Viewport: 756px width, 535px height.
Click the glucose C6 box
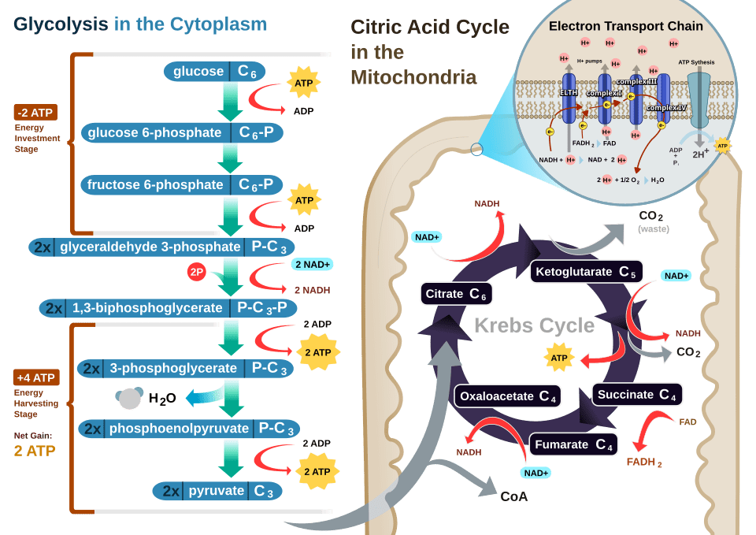pyautogui.click(x=214, y=72)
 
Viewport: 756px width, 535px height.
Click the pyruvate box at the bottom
pyautogui.click(x=217, y=491)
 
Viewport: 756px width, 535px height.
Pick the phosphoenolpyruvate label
pyautogui.click(x=179, y=429)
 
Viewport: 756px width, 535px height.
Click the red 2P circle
pyautogui.click(x=197, y=272)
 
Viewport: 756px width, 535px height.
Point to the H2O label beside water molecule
pyautogui.click(x=162, y=399)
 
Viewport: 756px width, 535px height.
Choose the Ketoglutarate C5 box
pyautogui.click(x=586, y=273)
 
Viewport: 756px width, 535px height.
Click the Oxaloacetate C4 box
pyautogui.click(x=508, y=396)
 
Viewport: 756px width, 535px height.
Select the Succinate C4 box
pyautogui.click(x=636, y=395)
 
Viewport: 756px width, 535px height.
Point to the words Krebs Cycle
pyautogui.click(x=534, y=325)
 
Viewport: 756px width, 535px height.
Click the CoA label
pyautogui.click(x=513, y=496)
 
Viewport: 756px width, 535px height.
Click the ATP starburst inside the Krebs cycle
pyautogui.click(x=559, y=359)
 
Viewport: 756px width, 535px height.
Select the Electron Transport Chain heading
pyautogui.click(x=626, y=26)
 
